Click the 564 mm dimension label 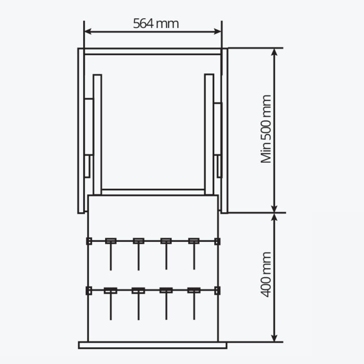pyautogui.click(x=156, y=24)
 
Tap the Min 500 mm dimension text pyautogui.click(x=266, y=129)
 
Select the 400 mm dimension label pyautogui.click(x=266, y=275)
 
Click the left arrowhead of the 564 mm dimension pyautogui.click(x=88, y=32)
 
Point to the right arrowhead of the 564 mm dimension pyautogui.click(x=217, y=32)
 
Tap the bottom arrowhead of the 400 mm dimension pyautogui.click(x=275, y=338)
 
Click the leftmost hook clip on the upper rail pyautogui.click(x=111, y=241)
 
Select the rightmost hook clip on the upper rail pyautogui.click(x=194, y=241)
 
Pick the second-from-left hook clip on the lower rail pyautogui.click(x=138, y=290)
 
